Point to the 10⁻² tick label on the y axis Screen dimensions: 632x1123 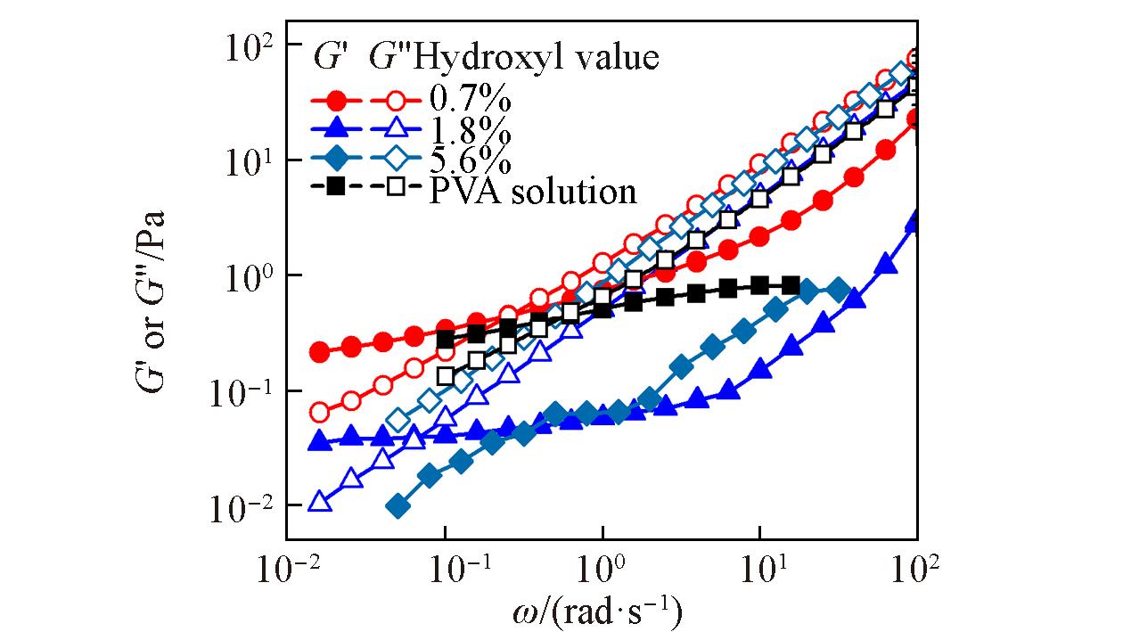(242, 506)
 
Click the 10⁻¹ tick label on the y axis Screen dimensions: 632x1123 (242, 390)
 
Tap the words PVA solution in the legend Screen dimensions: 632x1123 (533, 190)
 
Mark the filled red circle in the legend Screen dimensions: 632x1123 (335, 100)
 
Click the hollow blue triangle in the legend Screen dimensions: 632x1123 (396, 130)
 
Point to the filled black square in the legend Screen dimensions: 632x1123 (335, 187)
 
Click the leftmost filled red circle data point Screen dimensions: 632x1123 (319, 352)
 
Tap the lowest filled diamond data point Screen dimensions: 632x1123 (398, 507)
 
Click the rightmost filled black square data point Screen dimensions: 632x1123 (791, 285)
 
